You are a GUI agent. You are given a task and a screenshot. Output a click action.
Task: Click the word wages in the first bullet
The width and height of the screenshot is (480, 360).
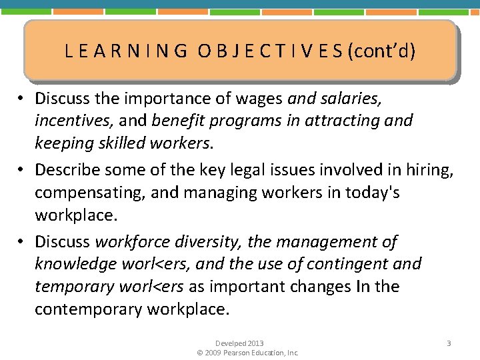coord(262,99)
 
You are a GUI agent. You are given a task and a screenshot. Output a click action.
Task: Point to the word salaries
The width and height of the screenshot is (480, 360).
coord(349,99)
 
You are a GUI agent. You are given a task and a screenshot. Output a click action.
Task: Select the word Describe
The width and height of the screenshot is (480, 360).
coord(64,170)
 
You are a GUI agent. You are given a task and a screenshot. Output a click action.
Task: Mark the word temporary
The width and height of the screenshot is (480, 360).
coord(72,287)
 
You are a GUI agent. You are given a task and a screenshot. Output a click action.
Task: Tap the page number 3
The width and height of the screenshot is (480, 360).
coord(449,343)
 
